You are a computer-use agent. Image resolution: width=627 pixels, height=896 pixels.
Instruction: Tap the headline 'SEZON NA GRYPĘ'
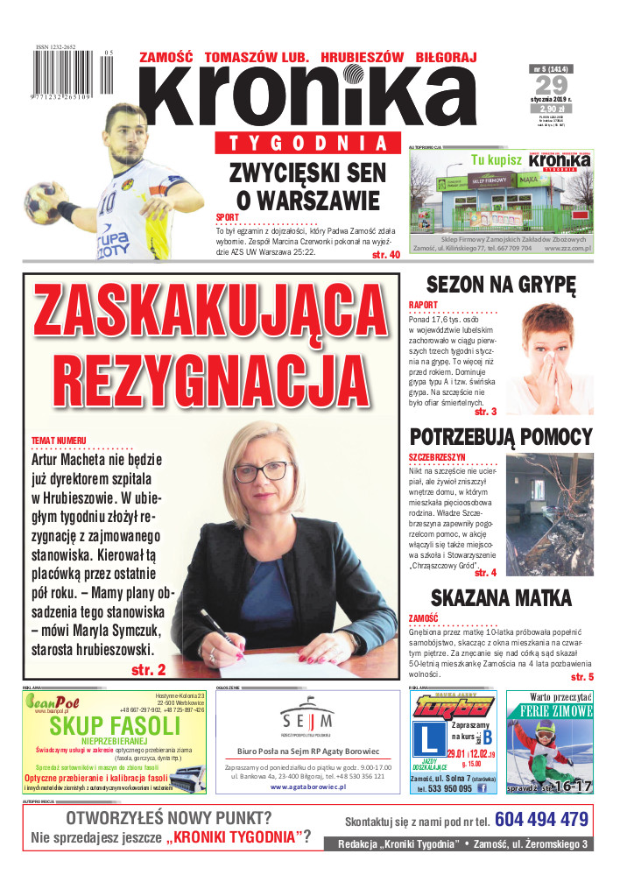pyautogui.click(x=500, y=285)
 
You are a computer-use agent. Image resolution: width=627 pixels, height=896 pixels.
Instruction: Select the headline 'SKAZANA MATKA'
pyautogui.click(x=501, y=599)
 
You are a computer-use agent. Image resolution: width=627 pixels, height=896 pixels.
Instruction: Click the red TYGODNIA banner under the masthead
pyautogui.click(x=303, y=144)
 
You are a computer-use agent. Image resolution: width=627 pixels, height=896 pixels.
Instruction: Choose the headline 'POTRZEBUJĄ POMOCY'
pyautogui.click(x=502, y=437)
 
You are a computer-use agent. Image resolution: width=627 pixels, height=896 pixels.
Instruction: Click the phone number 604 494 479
pyautogui.click(x=540, y=820)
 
